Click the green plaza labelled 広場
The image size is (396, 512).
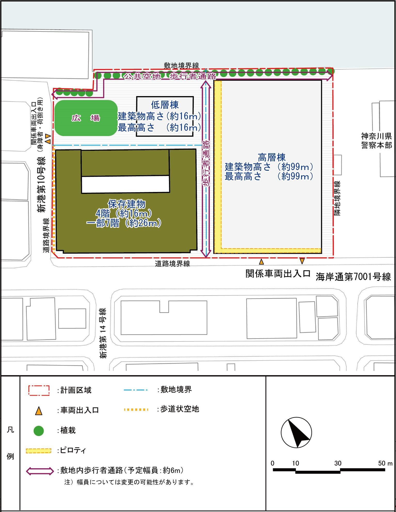coord(86,118)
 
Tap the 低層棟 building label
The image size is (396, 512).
coord(165,105)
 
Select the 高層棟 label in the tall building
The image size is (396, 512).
coord(272,157)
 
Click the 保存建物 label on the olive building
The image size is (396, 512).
coord(127,204)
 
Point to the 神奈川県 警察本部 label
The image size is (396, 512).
coord(376,140)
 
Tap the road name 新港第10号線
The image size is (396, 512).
coord(42,184)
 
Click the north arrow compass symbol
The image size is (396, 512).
coord(296,433)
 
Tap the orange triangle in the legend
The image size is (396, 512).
coord(39,411)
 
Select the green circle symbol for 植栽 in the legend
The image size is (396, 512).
coord(39,431)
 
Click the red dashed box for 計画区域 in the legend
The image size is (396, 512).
coord(39,391)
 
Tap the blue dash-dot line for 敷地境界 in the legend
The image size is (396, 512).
coord(136,390)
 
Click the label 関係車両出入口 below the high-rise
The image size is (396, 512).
coord(278,274)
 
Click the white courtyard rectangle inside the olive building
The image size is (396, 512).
coord(125,184)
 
